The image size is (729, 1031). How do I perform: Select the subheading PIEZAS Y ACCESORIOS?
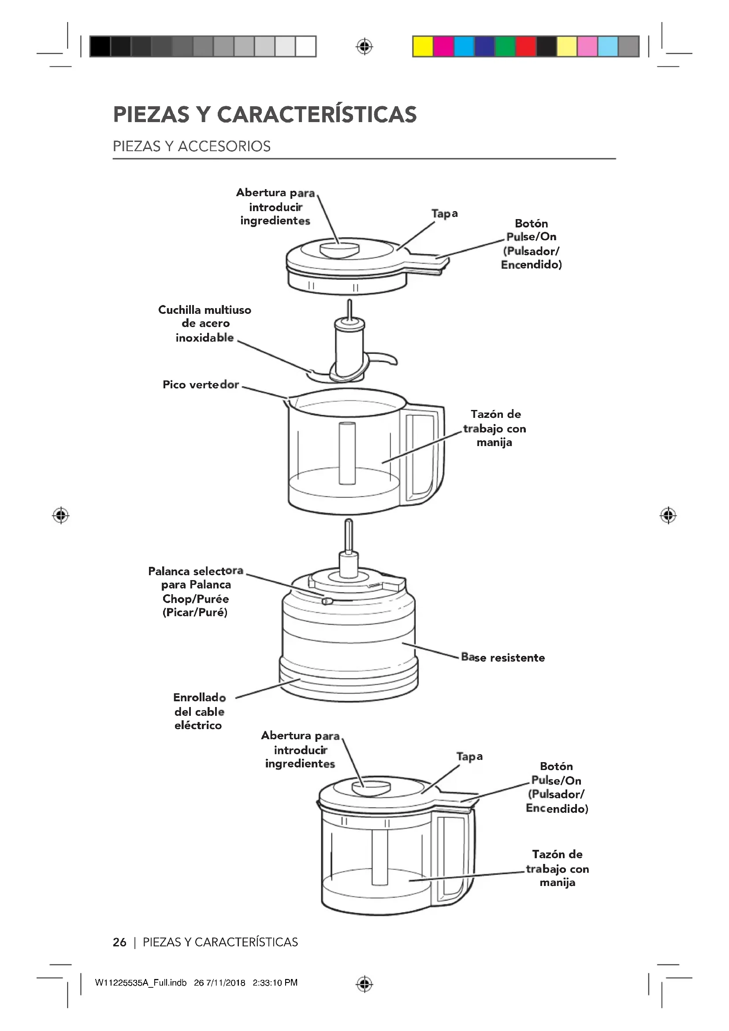[192, 146]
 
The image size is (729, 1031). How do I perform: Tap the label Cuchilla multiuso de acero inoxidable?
[205, 324]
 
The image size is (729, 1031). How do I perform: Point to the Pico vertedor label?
[201, 385]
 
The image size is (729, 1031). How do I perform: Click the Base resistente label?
[503, 658]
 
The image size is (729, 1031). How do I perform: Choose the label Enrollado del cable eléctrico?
[199, 711]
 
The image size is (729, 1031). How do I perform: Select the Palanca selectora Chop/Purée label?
[196, 592]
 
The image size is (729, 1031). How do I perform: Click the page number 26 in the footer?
[119, 942]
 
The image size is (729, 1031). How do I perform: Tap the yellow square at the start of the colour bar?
[423, 47]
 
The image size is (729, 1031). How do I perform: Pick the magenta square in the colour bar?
[443, 47]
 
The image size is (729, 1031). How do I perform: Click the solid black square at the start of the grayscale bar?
[100, 47]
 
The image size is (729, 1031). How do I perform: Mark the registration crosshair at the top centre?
[364, 47]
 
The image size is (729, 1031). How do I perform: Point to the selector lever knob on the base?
[327, 601]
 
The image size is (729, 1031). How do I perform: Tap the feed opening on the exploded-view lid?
[339, 249]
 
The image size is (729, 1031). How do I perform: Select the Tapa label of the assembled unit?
[469, 757]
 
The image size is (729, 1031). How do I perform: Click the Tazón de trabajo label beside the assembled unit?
[558, 868]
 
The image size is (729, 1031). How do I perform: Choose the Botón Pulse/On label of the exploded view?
[532, 244]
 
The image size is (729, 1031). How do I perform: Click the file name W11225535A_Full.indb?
[141, 983]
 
